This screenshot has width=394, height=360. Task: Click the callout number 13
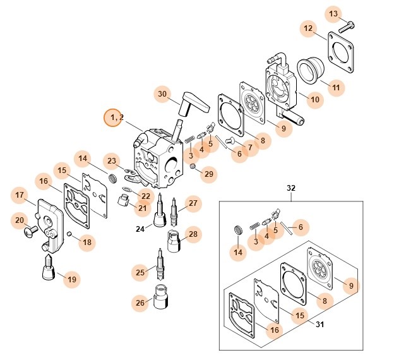333,14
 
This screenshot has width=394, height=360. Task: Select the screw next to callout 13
347,26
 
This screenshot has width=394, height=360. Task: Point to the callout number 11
335,87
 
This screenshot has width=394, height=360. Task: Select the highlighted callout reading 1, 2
114,117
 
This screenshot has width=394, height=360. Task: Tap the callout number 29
208,173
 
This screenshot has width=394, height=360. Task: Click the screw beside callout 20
29,232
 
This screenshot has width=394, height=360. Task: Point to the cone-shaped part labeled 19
47,271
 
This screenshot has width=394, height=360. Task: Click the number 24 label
140,229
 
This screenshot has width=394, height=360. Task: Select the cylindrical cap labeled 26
159,294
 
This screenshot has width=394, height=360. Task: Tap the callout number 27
193,203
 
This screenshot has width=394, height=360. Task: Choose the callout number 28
193,234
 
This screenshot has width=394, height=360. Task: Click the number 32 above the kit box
291,188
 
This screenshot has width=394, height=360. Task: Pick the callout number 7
250,147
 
